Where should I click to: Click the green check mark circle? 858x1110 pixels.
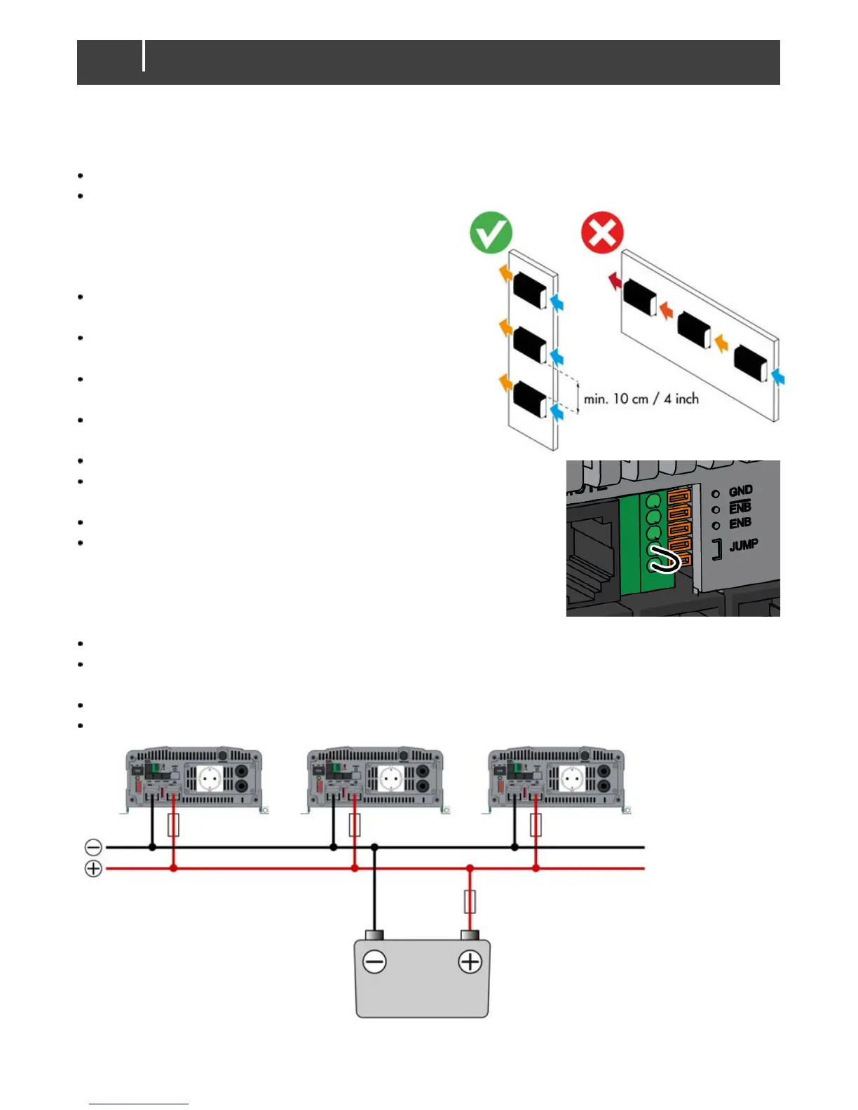pos(491,232)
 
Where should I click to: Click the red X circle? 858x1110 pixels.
pos(602,232)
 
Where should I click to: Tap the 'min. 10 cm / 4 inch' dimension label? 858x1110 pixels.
pos(641,399)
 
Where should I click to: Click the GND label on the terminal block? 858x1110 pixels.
pos(740,491)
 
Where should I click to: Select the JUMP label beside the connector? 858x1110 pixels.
pos(743,545)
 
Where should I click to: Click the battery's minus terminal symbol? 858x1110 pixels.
pos(374,961)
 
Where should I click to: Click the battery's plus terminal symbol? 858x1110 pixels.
pos(470,961)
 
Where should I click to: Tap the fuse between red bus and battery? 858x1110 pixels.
pos(470,902)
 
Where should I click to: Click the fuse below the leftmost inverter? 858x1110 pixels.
pos(173,825)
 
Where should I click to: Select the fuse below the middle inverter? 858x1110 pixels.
pos(355,825)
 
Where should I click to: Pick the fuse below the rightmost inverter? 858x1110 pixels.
pos(536,825)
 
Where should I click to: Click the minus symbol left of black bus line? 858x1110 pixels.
pos(93,847)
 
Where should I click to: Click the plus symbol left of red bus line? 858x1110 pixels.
pos(93,869)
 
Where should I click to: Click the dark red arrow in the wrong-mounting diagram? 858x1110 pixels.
pos(614,282)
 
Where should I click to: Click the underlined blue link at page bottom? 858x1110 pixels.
pos(139,1103)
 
